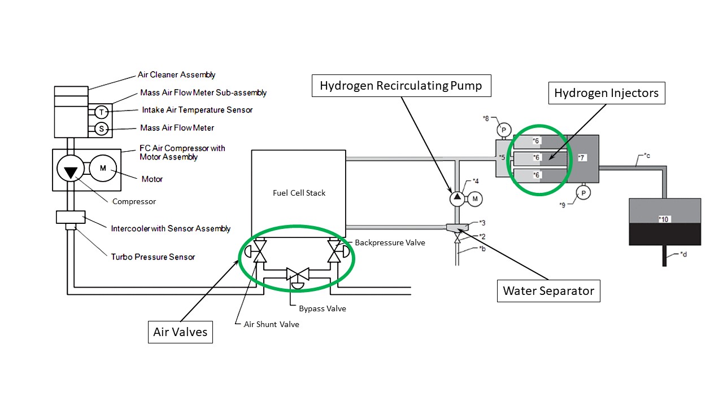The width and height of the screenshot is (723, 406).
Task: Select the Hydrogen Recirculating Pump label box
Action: (400, 86)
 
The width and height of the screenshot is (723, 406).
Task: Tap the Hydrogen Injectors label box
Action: (606, 93)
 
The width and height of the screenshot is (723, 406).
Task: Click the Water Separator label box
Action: (548, 291)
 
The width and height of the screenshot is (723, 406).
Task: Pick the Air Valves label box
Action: (180, 332)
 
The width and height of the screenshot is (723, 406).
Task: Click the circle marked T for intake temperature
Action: (101, 111)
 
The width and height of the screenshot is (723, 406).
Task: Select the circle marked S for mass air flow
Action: (101, 129)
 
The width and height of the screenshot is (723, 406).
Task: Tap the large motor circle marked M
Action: (103, 168)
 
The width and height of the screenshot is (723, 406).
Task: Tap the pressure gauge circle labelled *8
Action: (504, 130)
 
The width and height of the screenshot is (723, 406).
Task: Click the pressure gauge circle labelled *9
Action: (583, 193)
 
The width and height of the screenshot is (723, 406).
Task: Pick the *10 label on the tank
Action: (665, 219)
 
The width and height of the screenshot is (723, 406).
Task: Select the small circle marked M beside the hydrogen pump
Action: (474, 198)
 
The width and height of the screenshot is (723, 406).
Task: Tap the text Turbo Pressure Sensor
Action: (153, 257)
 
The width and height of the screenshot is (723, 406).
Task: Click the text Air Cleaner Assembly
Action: (176, 74)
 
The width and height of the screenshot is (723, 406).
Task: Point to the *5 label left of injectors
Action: (502, 158)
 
